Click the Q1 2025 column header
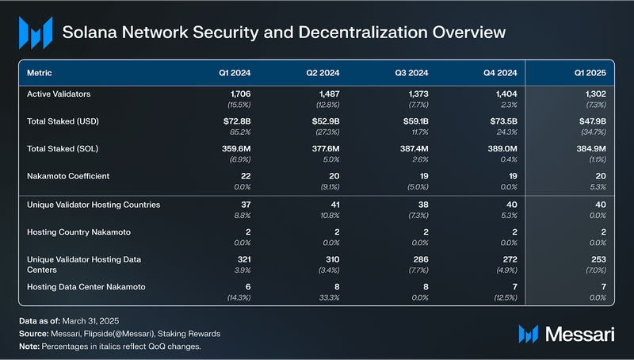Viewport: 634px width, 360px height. (590, 73)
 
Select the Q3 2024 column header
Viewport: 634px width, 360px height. (412, 73)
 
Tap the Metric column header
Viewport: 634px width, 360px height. (40, 73)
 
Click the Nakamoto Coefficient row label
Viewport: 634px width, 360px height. (68, 176)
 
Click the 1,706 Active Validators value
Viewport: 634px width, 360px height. (237, 94)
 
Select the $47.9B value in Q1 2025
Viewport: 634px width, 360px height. (591, 121)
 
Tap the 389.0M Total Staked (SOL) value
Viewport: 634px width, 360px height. (501, 148)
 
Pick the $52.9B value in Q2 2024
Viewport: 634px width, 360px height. (325, 121)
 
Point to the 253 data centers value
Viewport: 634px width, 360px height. (598, 259)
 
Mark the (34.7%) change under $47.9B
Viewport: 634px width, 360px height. (592, 132)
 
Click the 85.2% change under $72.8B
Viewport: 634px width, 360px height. (239, 132)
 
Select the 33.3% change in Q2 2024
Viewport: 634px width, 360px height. (327, 297)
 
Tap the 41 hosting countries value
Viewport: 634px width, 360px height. (334, 204)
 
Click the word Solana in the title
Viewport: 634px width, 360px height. (91, 33)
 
